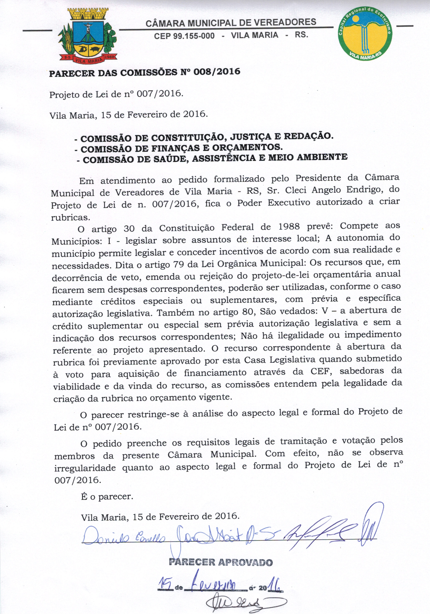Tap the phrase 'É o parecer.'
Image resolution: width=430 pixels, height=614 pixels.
(107, 497)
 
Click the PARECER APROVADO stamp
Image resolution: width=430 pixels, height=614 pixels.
(221, 562)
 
